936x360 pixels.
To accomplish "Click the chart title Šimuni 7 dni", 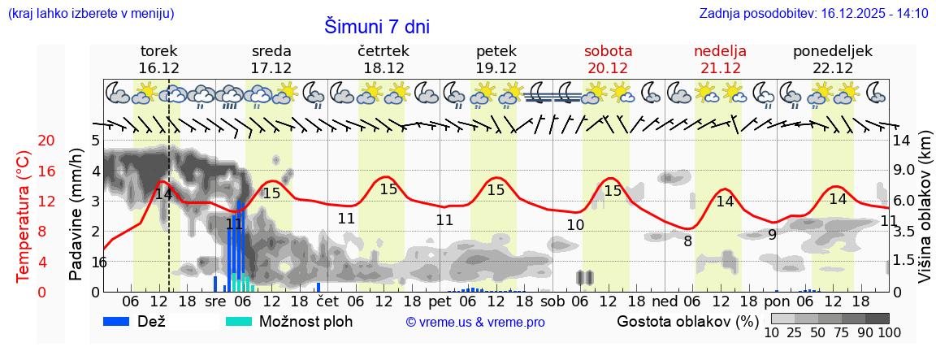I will click(x=377, y=27).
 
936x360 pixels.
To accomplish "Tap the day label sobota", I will click(x=608, y=51).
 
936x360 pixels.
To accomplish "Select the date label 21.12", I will click(x=719, y=68).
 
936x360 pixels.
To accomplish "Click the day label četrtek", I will click(x=383, y=51).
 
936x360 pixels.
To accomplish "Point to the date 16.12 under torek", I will click(x=158, y=68).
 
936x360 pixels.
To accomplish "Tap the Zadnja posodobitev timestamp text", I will click(x=813, y=13).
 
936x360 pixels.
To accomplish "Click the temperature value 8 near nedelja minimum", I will click(x=687, y=241).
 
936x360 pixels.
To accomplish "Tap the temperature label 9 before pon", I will click(x=772, y=235).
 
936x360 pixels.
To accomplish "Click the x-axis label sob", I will click(x=552, y=301).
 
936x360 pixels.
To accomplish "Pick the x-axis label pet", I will click(x=440, y=301).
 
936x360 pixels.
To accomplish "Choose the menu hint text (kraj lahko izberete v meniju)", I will click(x=90, y=13).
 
